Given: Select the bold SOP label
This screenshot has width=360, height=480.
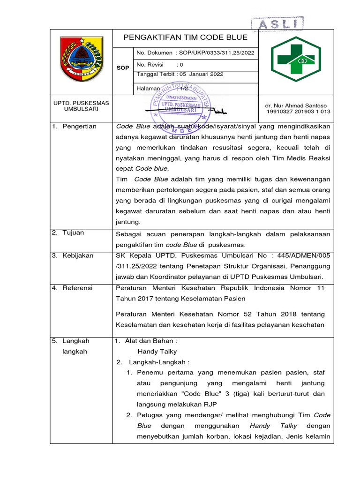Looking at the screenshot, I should [123, 68].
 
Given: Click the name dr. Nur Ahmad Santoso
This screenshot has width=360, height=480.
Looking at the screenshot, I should [296, 105].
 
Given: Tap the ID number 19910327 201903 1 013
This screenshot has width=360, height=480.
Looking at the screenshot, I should [298, 112].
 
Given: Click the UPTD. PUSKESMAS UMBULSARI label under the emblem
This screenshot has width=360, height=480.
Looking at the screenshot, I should [81, 106].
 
